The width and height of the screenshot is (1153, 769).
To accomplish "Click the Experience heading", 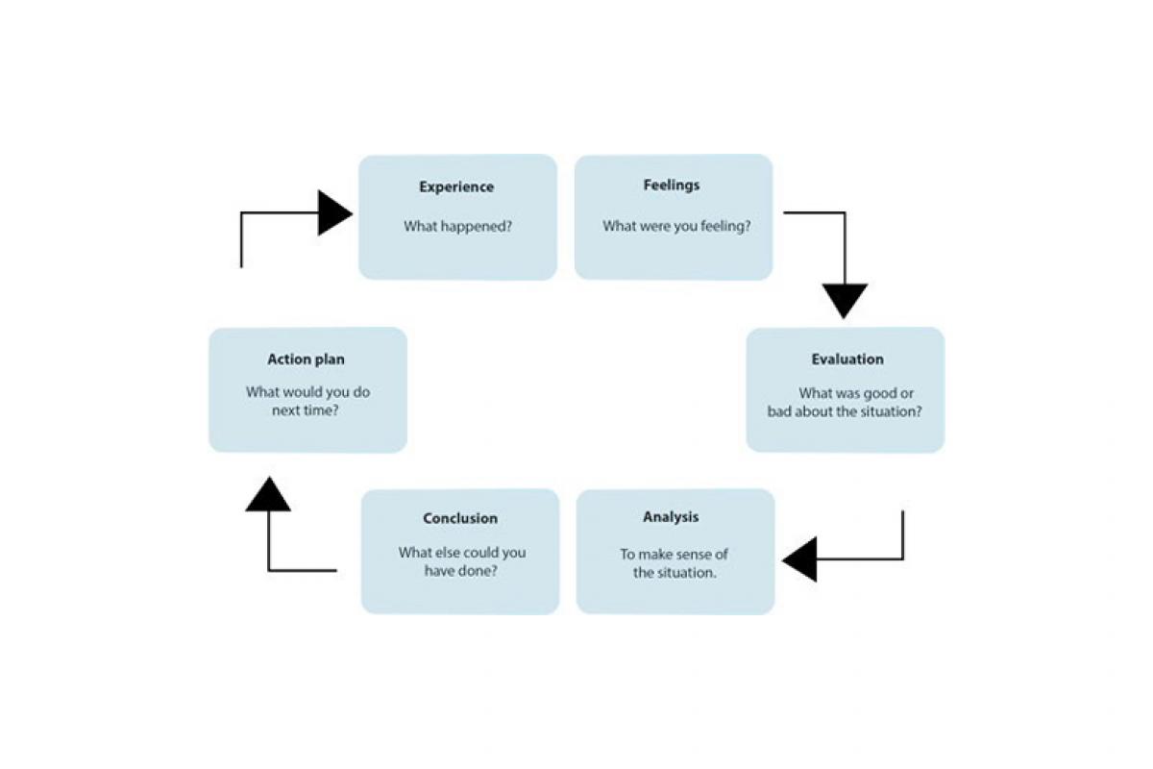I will click(456, 187).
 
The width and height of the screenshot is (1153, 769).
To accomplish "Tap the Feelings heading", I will click(672, 185).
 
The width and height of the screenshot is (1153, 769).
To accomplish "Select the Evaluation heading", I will click(846, 360).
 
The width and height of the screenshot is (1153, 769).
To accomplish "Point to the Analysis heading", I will click(671, 517).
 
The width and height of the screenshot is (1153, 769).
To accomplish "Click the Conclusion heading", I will click(460, 519).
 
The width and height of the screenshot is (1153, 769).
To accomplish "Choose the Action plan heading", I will click(306, 360).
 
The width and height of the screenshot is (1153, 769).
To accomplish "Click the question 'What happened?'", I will click(457, 227).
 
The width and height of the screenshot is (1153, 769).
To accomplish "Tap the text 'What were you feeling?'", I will click(676, 227).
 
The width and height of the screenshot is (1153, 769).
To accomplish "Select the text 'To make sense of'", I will click(674, 554).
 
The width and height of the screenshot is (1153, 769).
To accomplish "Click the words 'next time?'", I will click(307, 410).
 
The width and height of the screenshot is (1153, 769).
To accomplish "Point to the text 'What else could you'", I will click(462, 553).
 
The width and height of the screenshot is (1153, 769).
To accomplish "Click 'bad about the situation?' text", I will click(845, 411).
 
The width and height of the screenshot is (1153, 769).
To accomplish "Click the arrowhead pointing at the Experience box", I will click(334, 212).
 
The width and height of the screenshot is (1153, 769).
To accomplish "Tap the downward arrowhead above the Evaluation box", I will click(845, 300).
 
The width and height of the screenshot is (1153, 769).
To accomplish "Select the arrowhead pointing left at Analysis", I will click(800, 558).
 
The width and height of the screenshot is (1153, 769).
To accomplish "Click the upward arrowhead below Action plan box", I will click(268, 494).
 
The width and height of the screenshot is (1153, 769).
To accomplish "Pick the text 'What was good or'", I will click(856, 393).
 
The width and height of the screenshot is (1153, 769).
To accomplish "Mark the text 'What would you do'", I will click(307, 392).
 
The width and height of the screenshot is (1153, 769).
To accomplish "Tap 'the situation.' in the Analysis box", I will click(675, 572).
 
